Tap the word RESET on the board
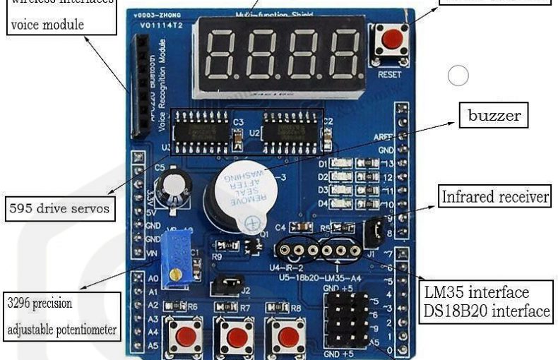[390, 73]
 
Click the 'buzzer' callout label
[494, 115]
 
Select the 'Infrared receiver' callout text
[495, 197]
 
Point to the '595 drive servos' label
[59, 208]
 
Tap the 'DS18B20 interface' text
[487, 311]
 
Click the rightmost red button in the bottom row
[288, 336]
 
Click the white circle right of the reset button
[459, 75]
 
